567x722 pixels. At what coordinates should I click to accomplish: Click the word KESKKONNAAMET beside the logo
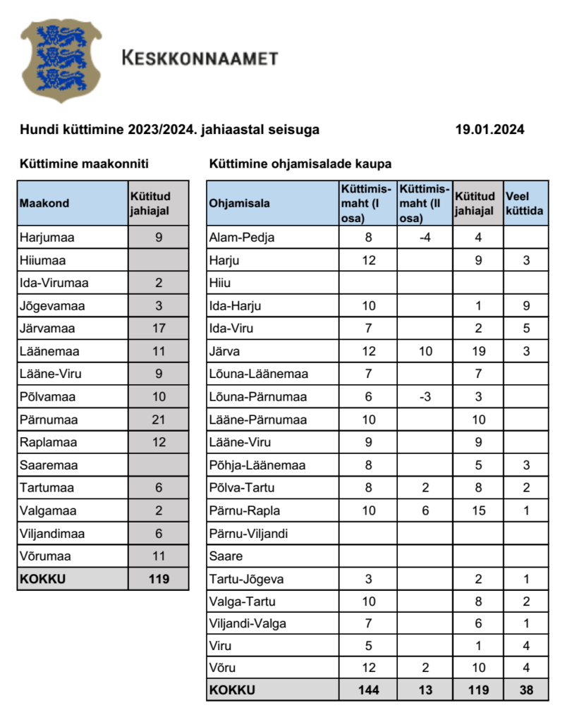click(x=200, y=59)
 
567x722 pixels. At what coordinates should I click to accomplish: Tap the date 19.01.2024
click(x=489, y=130)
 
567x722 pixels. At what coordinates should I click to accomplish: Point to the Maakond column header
click(x=44, y=203)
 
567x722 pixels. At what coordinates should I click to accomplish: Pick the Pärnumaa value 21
click(x=159, y=420)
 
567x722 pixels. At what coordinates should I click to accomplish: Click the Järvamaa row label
click(x=47, y=329)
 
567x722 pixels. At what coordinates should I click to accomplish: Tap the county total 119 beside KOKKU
click(x=159, y=580)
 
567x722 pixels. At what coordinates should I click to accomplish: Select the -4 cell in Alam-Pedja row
click(x=425, y=238)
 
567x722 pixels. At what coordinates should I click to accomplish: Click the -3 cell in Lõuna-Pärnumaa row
click(x=425, y=397)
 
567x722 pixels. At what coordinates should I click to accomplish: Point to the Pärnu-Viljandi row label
click(x=249, y=534)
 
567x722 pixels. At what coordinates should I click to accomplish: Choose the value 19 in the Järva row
click(x=478, y=351)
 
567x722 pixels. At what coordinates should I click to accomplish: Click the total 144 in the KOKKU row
click(x=368, y=690)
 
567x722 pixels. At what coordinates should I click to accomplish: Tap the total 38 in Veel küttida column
click(x=526, y=690)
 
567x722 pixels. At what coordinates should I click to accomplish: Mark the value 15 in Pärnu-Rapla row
click(x=478, y=511)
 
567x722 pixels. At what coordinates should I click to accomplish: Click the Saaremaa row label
click(x=48, y=465)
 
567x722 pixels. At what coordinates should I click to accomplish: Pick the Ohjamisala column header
click(x=240, y=203)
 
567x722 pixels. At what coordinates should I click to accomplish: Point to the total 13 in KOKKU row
click(x=425, y=690)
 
